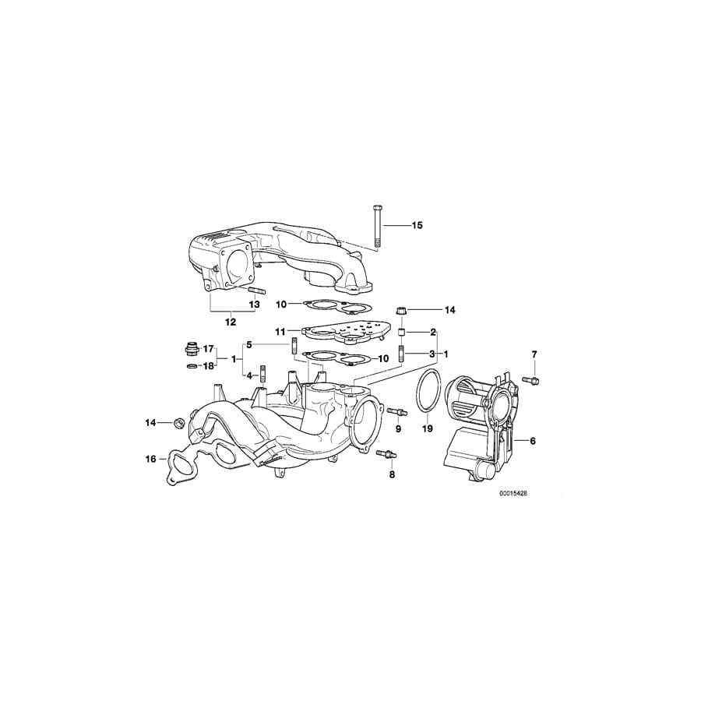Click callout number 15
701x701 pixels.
tap(417, 225)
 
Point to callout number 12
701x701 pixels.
tap(231, 321)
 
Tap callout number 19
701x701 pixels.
tap(427, 428)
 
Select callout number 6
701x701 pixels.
tap(533, 441)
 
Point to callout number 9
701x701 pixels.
tap(398, 428)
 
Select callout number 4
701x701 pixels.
tap(249, 375)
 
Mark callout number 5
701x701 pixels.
tap(249, 344)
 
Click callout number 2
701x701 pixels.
tap(432, 332)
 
